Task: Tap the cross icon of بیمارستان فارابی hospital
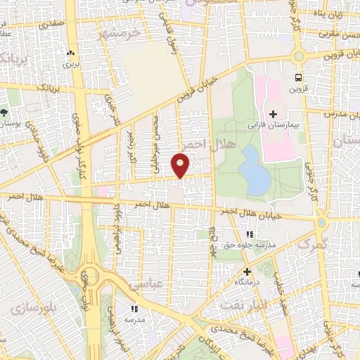[x=273, y=114]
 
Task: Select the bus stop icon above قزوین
[x=300, y=77]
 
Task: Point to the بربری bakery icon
[x=70, y=53]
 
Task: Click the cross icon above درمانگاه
[x=246, y=271]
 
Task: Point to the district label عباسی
[x=144, y=284]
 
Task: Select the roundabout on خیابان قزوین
[x=300, y=57]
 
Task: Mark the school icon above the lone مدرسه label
[x=134, y=308]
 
